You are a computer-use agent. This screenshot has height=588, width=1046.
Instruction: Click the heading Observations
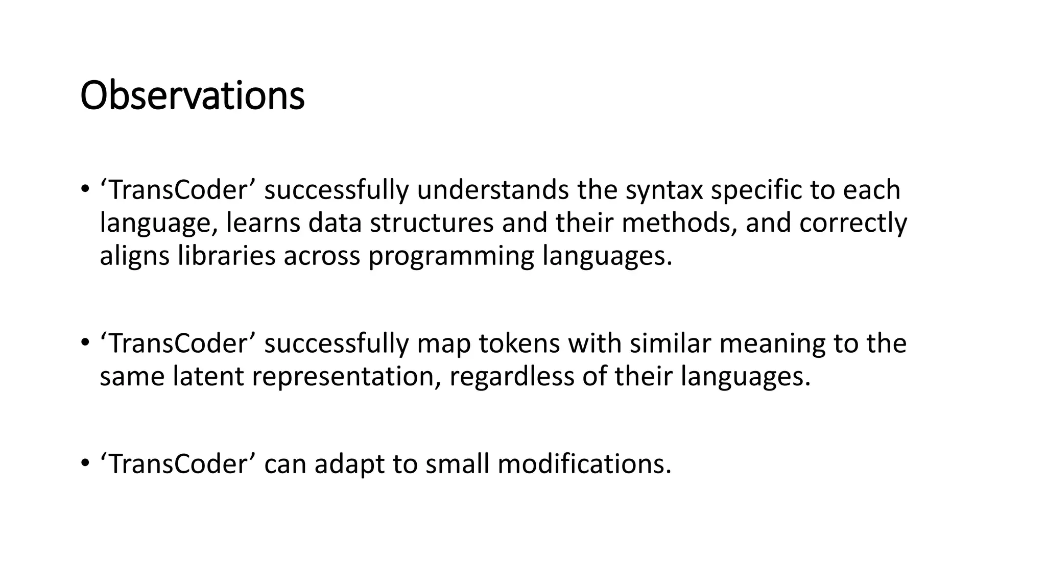coord(192,96)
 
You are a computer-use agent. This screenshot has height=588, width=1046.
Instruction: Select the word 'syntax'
coord(664,190)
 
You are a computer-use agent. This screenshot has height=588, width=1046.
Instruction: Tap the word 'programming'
coord(451,256)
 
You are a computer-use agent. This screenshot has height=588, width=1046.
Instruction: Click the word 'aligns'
coord(134,256)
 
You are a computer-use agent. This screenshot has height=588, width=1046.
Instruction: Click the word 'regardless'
coord(512,377)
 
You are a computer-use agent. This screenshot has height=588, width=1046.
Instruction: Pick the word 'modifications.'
coord(584,464)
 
